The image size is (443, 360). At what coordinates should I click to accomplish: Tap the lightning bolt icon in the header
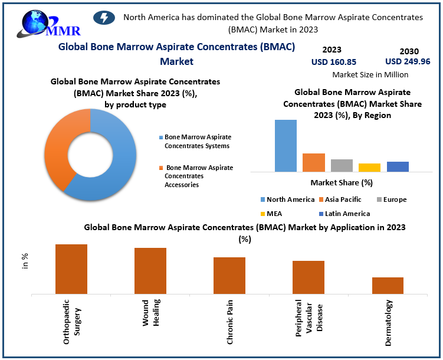(x=105, y=18)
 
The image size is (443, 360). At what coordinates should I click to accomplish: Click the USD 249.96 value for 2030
(x=408, y=61)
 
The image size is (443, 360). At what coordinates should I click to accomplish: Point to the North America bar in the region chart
(x=286, y=145)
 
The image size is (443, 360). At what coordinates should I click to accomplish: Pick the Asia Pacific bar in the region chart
(x=314, y=162)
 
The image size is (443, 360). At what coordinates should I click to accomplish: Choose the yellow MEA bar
(x=369, y=167)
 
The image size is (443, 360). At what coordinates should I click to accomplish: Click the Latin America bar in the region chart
(x=398, y=166)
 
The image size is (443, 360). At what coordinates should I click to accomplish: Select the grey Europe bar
(x=342, y=165)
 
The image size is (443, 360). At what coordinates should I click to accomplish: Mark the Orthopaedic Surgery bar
(x=71, y=269)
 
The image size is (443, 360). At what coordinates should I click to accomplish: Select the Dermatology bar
(x=388, y=285)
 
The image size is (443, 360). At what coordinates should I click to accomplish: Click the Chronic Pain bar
(x=229, y=275)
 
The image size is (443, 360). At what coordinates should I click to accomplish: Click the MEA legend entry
(x=272, y=214)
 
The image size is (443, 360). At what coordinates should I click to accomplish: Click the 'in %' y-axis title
(x=25, y=261)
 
